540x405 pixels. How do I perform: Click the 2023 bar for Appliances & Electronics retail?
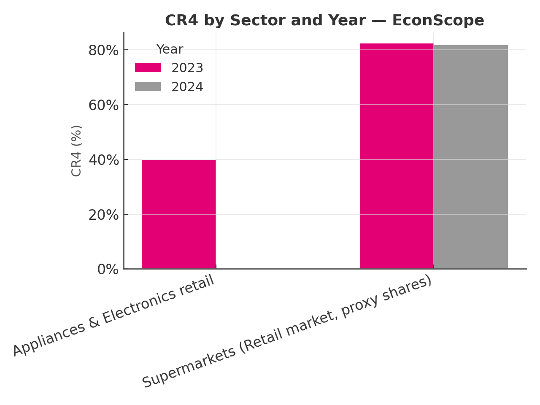178,214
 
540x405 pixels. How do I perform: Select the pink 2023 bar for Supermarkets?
397,156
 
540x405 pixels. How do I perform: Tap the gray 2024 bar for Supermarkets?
471,157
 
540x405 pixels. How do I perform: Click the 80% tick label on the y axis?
103,51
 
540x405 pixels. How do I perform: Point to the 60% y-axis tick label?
103,105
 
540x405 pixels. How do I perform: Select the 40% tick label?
103,160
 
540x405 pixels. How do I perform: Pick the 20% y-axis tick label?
103,215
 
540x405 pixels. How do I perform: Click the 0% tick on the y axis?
108,269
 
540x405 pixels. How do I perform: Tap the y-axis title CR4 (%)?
76,151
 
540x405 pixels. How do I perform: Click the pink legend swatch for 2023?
148,68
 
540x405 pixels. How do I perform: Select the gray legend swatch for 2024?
148,86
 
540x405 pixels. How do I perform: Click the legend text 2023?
187,68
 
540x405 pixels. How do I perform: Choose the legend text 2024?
187,87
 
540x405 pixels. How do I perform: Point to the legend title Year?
170,49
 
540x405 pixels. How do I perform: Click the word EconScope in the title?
438,20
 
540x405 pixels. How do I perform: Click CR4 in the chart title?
182,20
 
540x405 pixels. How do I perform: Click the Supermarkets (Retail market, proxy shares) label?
287,332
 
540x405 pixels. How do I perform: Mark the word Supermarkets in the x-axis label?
189,367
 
